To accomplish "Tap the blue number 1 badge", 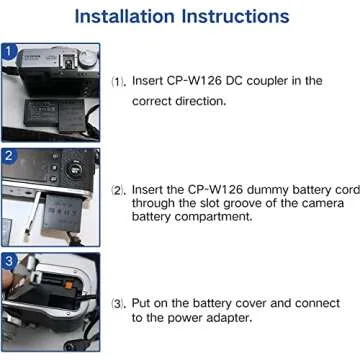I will [8, 52].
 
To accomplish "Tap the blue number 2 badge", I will [8, 155].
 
